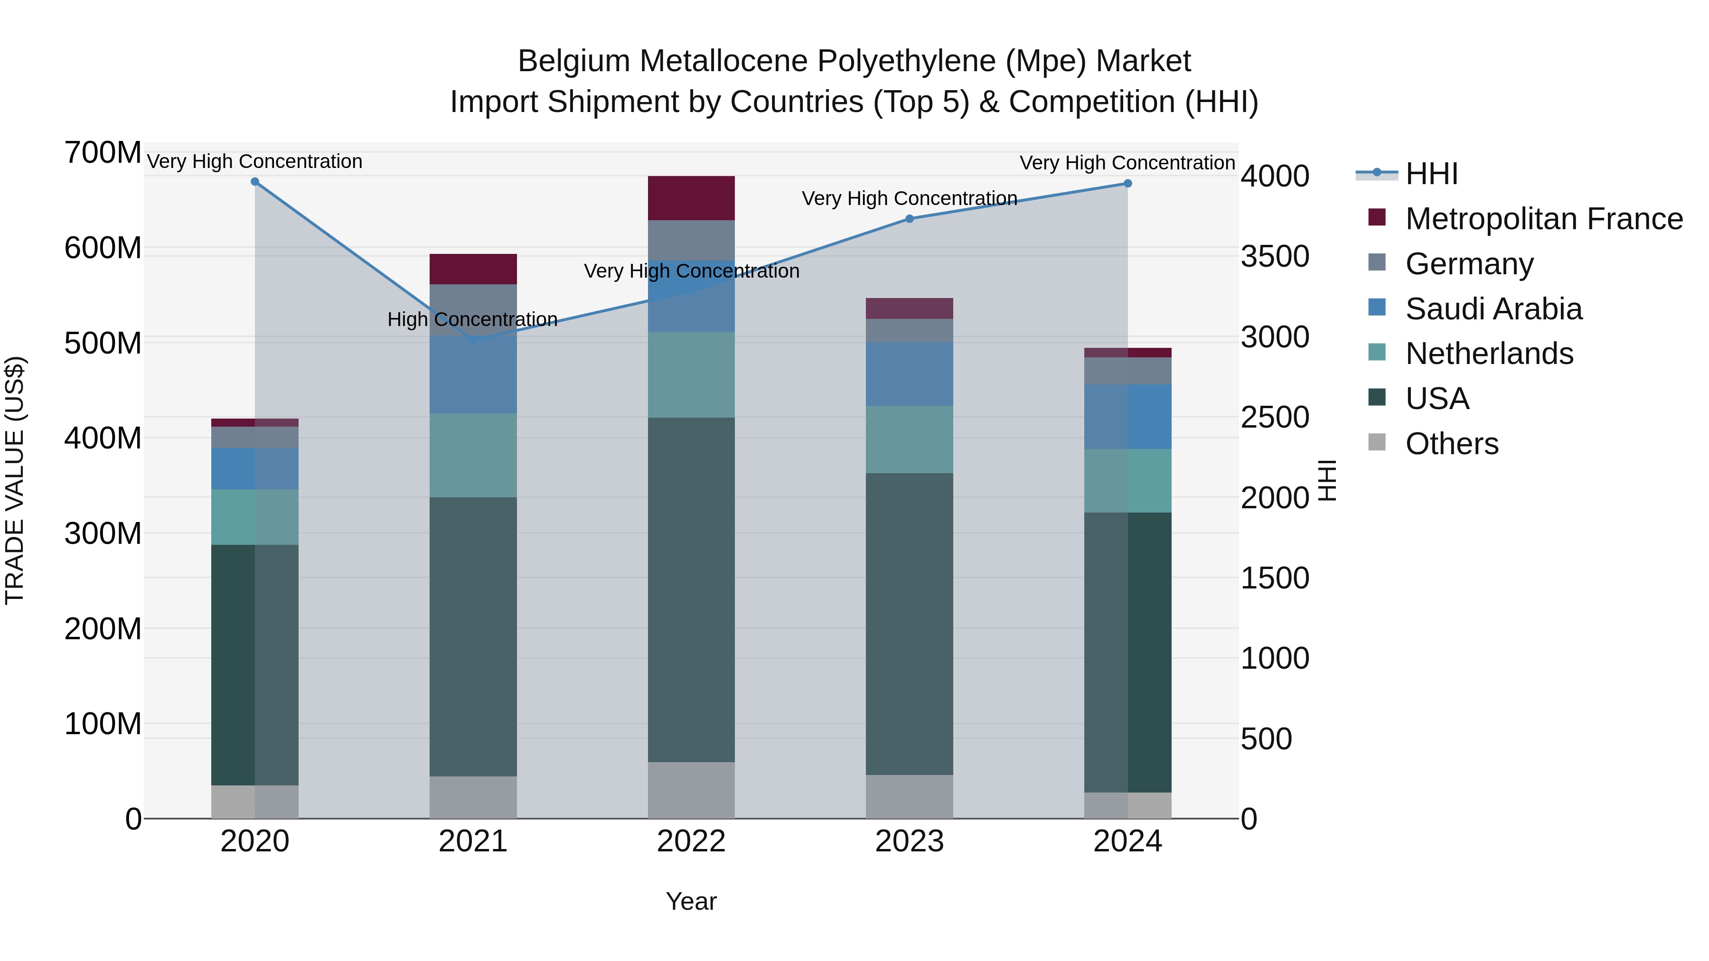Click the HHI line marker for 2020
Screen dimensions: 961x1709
(255, 182)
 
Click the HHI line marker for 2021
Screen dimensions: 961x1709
(473, 340)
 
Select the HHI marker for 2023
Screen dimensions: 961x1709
(910, 219)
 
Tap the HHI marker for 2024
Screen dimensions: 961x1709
(1128, 184)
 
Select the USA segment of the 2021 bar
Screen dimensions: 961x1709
(473, 637)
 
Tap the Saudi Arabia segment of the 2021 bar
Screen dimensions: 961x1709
(473, 375)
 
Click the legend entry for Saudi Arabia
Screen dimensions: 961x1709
(1493, 309)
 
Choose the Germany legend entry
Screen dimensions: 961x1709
(1469, 264)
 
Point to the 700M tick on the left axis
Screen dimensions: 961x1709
(102, 153)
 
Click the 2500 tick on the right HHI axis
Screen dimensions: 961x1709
(1275, 418)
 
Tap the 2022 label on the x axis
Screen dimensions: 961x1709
(691, 841)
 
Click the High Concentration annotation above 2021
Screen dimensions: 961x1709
(472, 320)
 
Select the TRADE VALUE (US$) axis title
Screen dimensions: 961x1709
(15, 480)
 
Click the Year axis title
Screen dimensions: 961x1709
(691, 901)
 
